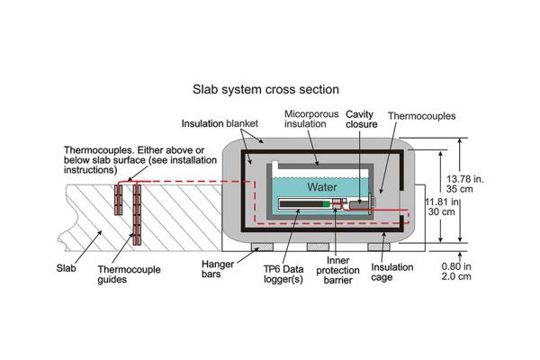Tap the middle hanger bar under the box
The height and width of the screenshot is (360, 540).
(x=320, y=245)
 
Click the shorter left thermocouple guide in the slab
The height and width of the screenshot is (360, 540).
(x=118, y=197)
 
